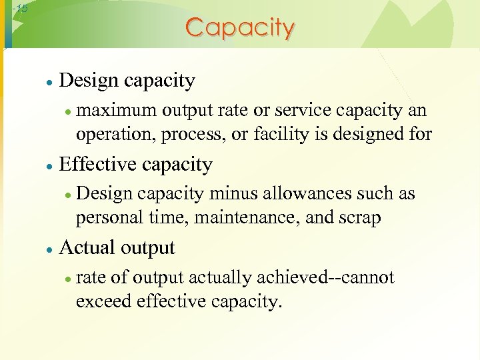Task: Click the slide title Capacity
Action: [239, 28]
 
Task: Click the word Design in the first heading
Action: [88, 81]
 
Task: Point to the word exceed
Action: [104, 301]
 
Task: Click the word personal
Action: [107, 218]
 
